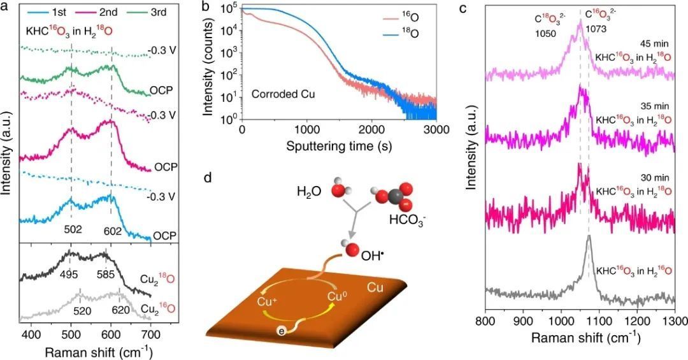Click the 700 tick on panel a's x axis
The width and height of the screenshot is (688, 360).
[150, 334]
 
